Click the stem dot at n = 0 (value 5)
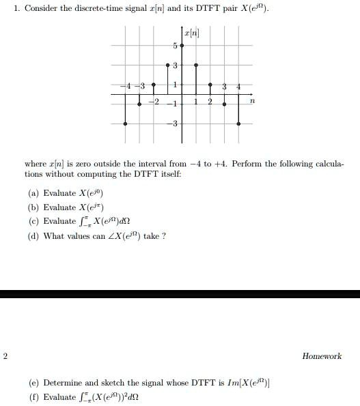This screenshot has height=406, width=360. coord(182,43)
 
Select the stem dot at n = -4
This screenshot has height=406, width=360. coord(125,124)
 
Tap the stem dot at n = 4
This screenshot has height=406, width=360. coord(238,124)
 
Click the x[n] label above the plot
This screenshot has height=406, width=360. coord(191,33)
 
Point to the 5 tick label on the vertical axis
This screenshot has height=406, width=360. coord(175,46)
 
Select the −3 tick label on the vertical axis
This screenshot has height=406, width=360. coord(174,124)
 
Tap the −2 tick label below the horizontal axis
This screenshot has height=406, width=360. coord(154,102)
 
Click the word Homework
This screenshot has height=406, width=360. coord(321,356)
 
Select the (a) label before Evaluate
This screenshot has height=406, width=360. coord(32,193)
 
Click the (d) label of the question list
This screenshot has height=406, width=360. coord(32,236)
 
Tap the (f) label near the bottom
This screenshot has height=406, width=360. coord(32,397)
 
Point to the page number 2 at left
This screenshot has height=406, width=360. coord(5,356)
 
